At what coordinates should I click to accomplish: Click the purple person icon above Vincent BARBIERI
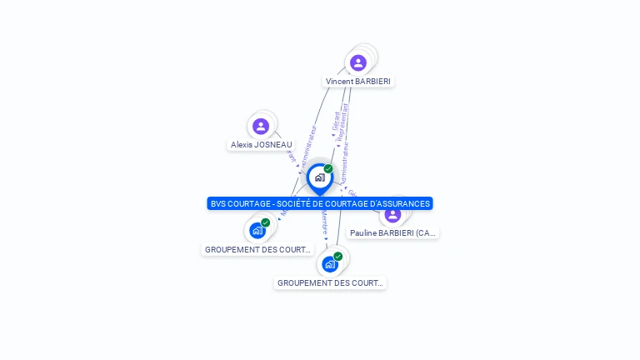(x=358, y=62)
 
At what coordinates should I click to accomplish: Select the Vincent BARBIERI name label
(x=358, y=81)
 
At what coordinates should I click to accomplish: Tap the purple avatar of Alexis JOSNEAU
(x=261, y=126)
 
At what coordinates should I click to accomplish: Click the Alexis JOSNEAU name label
(x=262, y=144)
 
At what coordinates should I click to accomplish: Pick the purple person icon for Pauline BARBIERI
(x=392, y=214)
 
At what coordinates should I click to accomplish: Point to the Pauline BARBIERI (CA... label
(x=392, y=232)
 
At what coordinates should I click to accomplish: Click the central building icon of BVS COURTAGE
(x=319, y=177)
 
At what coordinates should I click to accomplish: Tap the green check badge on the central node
(x=328, y=168)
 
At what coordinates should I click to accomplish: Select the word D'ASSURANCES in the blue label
(x=402, y=203)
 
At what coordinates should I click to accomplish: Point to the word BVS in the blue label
(x=217, y=203)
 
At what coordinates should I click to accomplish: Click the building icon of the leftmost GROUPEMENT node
(x=257, y=231)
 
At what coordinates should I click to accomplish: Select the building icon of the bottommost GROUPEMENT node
(x=330, y=264)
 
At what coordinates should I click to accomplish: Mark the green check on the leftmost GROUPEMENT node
(x=266, y=222)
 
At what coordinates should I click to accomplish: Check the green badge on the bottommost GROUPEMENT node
(x=337, y=256)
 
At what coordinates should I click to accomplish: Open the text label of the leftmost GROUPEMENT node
(x=257, y=249)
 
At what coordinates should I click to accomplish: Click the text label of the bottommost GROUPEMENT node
(x=330, y=282)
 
